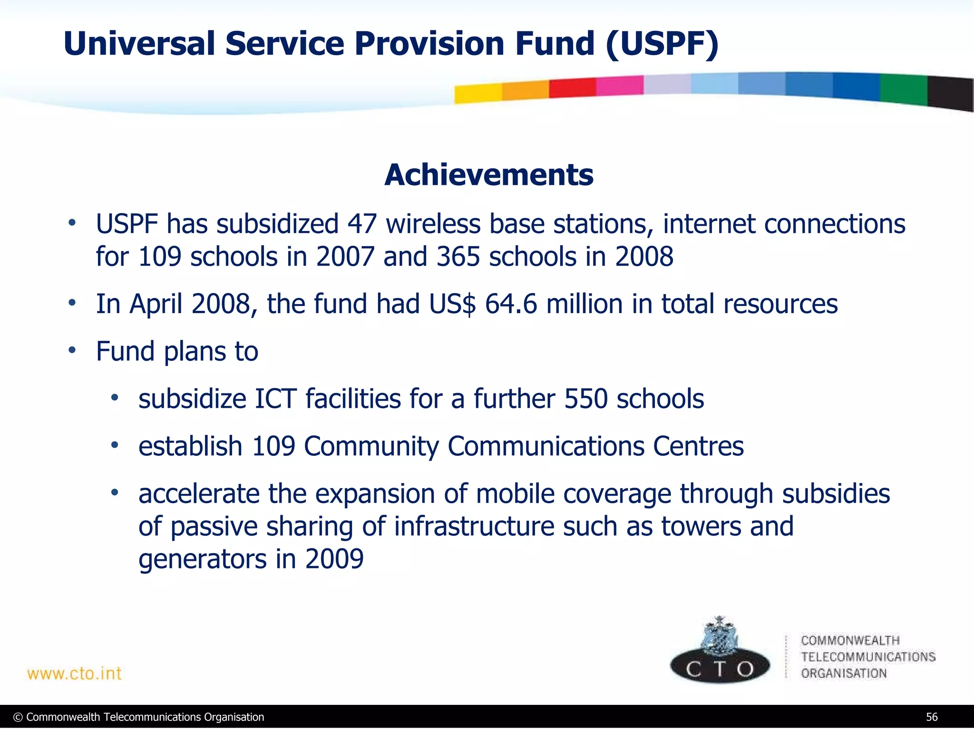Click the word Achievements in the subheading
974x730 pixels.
coord(488,175)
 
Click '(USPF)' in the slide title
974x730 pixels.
coord(662,44)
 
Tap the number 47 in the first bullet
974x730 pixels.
coord(362,224)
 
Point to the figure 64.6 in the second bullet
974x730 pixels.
coord(511,304)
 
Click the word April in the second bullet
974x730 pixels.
coord(156,304)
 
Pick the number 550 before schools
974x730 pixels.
coord(585,399)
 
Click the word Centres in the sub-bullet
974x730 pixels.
coord(698,446)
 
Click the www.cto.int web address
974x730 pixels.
coord(74,673)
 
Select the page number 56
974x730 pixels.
coord(932,717)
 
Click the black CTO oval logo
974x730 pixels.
coord(720,668)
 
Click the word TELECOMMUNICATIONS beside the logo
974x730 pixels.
coord(868,657)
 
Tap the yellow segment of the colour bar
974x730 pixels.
coord(477,93)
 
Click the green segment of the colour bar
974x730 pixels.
coord(903,89)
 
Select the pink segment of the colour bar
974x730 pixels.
coord(619,86)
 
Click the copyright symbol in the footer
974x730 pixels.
coord(18,717)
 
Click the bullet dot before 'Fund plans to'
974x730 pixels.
coord(72,351)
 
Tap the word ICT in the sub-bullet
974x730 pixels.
coord(276,399)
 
